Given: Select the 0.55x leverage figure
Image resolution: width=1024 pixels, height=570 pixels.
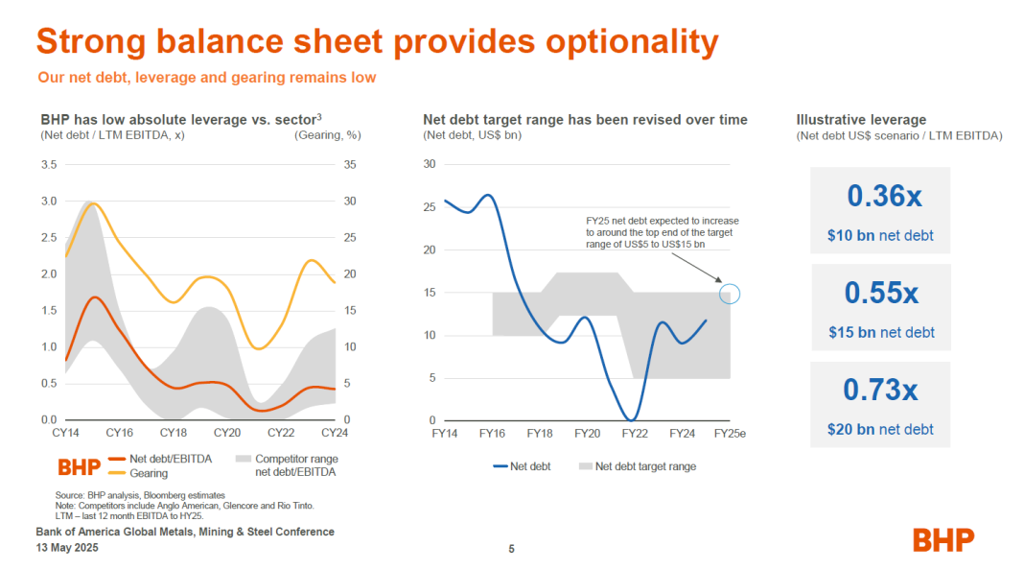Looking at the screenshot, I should tap(881, 293).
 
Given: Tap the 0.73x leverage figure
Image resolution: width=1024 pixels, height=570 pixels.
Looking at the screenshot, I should tap(880, 390).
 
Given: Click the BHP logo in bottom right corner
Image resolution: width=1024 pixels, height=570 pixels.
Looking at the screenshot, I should tap(943, 539).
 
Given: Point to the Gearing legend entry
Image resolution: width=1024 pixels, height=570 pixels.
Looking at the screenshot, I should tap(149, 473).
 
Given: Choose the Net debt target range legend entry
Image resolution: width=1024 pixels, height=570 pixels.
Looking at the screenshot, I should tap(645, 466).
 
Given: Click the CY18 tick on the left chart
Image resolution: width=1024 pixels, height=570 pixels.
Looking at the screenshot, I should tap(173, 434).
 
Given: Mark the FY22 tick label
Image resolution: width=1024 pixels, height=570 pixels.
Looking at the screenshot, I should tap(634, 434).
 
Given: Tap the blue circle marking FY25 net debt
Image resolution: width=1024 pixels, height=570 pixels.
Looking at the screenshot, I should tap(730, 294).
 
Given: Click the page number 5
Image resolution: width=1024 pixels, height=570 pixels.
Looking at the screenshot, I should tap(511, 549).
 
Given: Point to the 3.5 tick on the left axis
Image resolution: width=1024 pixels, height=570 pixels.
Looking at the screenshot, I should tap(48, 165).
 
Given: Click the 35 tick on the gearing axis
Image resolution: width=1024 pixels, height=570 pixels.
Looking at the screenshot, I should tap(349, 165).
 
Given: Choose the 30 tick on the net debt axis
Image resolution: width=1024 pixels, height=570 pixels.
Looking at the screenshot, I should tap(429, 164).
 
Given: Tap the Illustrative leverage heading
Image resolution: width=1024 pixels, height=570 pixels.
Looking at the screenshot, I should tap(861, 120).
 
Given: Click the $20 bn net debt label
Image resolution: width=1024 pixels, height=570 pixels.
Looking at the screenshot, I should tap(880, 429).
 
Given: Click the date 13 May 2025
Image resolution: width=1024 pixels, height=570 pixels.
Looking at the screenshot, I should tap(66, 548).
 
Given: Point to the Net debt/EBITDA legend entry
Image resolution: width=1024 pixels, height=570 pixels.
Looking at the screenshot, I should tap(170, 459).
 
